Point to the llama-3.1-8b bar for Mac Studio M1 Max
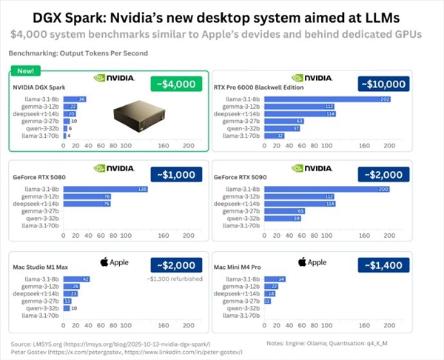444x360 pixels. point(77,279)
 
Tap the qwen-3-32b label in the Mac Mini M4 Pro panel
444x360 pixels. point(244,309)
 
